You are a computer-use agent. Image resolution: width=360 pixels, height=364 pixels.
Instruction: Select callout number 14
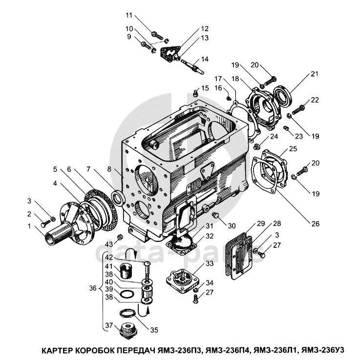click(205, 59)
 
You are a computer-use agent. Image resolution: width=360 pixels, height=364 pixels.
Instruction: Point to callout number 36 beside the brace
click(93, 288)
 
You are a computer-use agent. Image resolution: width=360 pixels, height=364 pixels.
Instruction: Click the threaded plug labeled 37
click(127, 330)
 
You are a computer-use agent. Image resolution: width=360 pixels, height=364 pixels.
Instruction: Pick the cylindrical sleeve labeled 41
click(127, 271)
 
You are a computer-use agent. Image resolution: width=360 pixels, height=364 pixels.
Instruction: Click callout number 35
click(154, 330)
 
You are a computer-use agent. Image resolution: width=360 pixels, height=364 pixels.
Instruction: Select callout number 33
click(210, 263)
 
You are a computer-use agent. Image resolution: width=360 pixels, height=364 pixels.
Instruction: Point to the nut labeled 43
click(120, 237)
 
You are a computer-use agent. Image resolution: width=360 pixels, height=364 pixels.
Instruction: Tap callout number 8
click(109, 169)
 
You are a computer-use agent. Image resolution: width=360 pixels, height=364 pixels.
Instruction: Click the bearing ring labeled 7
click(118, 197)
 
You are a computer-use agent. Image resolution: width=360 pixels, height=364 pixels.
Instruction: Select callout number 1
click(29, 226)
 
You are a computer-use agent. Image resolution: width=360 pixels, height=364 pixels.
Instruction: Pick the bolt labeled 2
click(45, 224)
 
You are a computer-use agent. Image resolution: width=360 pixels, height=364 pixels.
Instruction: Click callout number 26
click(316, 223)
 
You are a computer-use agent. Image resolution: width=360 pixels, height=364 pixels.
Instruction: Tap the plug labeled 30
click(216, 216)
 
